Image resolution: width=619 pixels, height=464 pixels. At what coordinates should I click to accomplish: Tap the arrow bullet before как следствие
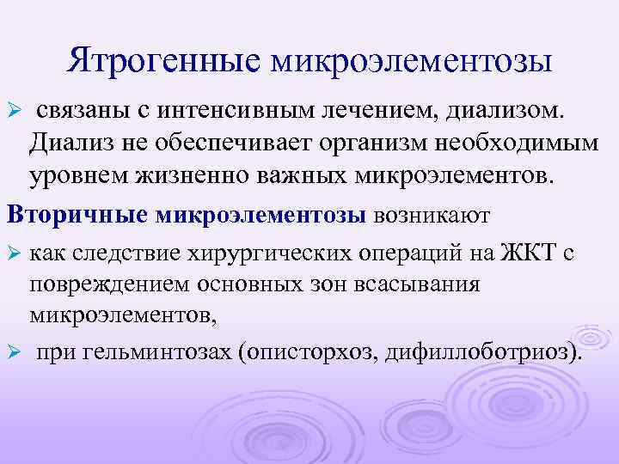pos(13,256)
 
